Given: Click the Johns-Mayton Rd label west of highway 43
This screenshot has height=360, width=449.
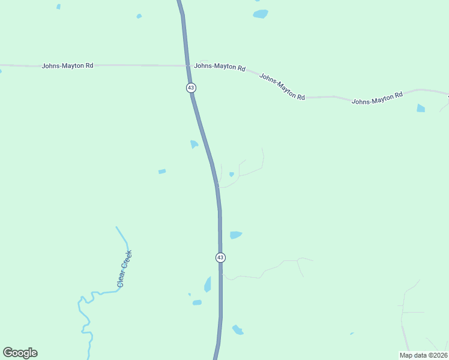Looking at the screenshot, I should (x=67, y=65).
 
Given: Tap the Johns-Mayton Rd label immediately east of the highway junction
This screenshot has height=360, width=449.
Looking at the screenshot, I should (x=220, y=67).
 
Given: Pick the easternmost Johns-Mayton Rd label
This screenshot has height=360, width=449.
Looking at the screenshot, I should (x=377, y=99).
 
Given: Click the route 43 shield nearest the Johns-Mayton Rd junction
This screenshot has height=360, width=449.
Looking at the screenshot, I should (x=191, y=88).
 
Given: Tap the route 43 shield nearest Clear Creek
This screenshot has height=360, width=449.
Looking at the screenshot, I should (x=220, y=257).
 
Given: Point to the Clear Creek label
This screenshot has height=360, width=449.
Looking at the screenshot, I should (x=124, y=269).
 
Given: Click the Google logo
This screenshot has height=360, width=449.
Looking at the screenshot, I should (x=20, y=353).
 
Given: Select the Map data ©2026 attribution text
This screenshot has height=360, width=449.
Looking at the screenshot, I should (x=423, y=355).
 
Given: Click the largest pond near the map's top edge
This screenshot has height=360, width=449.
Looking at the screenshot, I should (x=261, y=14).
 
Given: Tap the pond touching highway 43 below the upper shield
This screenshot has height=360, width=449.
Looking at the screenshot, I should (x=194, y=145).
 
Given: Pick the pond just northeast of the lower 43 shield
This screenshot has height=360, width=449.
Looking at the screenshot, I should (x=235, y=235).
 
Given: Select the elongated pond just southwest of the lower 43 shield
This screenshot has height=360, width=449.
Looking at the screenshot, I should (x=208, y=284).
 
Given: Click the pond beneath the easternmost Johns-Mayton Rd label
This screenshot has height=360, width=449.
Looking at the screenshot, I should (x=421, y=109).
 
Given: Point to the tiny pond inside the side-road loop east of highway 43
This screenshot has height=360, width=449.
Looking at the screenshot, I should (x=231, y=175).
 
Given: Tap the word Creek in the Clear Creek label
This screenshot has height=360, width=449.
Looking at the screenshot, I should (x=127, y=261).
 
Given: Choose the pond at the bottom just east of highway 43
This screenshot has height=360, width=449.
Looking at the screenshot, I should (x=238, y=329).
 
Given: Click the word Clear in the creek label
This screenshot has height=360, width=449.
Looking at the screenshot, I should (x=121, y=278).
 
